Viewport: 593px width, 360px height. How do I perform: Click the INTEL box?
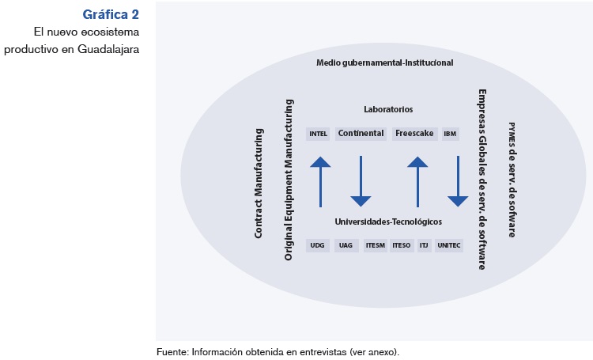tap(319, 134)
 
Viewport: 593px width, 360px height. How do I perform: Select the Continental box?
tap(361, 134)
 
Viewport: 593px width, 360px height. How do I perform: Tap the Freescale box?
tap(411, 134)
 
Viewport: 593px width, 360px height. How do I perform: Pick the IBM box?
tap(451, 134)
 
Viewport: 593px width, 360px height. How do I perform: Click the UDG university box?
tap(318, 245)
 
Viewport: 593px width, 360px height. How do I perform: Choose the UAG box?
tap(346, 245)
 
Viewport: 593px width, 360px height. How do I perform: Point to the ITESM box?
tap(375, 245)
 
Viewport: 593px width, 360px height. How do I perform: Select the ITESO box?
tap(401, 245)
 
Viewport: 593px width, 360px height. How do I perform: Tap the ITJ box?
tap(423, 245)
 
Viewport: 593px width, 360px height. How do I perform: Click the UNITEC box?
tap(448, 245)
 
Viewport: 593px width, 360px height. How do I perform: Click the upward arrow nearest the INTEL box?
tap(319, 181)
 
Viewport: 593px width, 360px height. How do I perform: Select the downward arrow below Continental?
tap(361, 181)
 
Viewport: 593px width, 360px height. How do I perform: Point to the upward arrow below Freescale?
tap(417, 181)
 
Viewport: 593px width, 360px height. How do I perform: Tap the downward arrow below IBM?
tap(459, 181)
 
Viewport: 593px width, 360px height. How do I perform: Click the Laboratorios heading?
tap(388, 109)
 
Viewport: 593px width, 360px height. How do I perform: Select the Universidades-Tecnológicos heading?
tap(387, 222)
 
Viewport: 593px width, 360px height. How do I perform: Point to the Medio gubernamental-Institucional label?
tap(385, 63)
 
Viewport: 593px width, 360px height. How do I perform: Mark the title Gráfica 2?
tap(111, 14)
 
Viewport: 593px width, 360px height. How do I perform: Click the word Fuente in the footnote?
tap(172, 351)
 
